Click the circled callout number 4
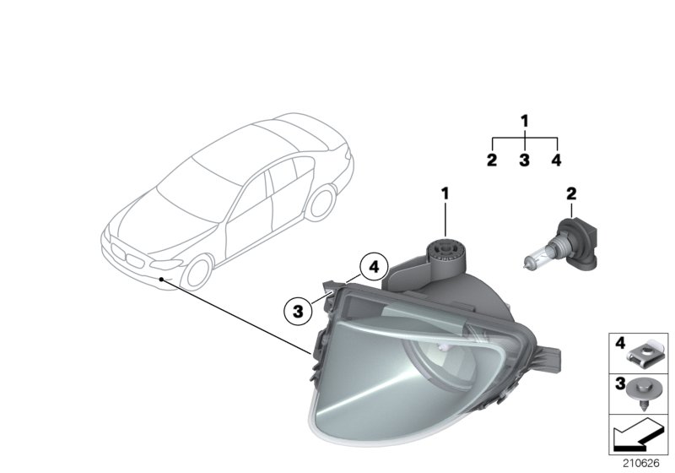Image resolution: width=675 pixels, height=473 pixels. click(372, 268)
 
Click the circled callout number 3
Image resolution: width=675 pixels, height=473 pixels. click(298, 312)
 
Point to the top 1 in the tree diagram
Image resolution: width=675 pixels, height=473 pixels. click(524, 122)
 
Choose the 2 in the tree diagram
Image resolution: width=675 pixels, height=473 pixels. click(492, 159)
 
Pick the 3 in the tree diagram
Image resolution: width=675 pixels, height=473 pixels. click(524, 159)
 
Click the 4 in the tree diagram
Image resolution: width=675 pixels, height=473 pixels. click(555, 159)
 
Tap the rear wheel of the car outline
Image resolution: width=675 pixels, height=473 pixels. click(320, 204)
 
